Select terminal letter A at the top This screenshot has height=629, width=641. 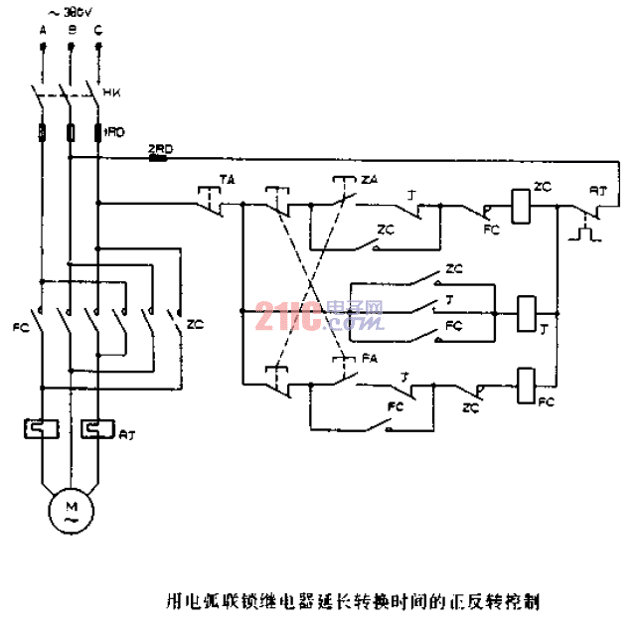43,30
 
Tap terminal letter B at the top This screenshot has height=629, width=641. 70,30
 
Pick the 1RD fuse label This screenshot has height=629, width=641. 114,130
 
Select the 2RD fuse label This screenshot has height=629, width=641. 159,148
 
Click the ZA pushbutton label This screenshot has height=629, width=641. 369,179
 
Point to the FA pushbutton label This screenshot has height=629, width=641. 369,356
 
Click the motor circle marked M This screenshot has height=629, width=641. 70,512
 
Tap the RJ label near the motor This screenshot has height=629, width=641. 126,434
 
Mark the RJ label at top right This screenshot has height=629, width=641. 598,188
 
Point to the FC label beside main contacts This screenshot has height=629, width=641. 20,325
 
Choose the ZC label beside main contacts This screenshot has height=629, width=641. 195,324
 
